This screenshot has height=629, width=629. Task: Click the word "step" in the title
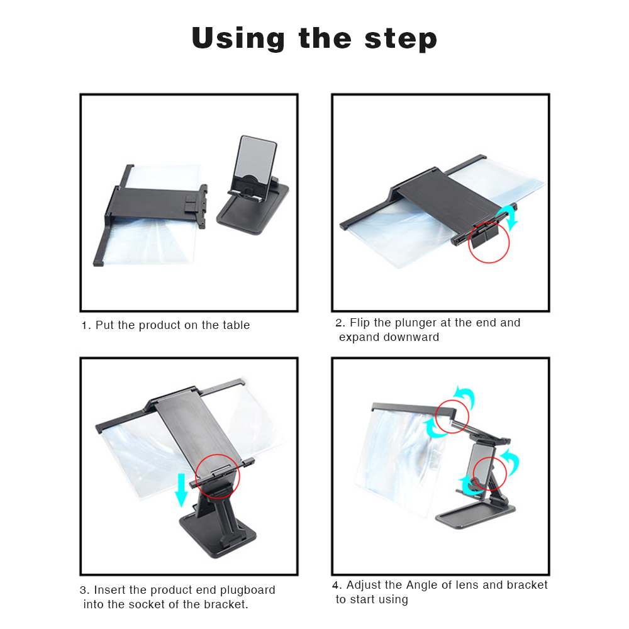click(x=400, y=40)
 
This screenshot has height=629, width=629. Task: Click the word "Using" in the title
click(x=238, y=39)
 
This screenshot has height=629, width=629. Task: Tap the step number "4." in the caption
click(x=337, y=585)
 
